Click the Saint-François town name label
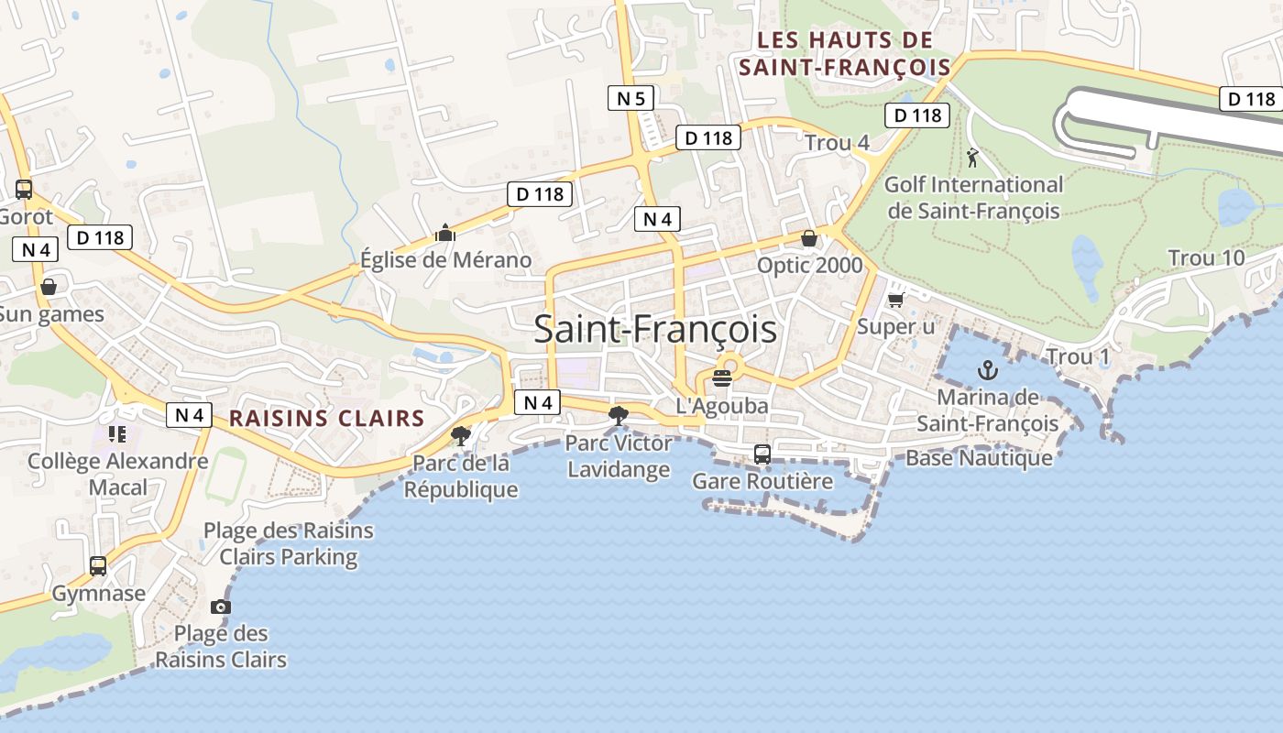(x=655, y=329)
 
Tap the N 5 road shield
(x=631, y=97)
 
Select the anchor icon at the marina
(x=987, y=370)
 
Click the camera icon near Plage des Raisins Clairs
(x=220, y=607)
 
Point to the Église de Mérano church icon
(x=445, y=234)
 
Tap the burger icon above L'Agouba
(x=722, y=377)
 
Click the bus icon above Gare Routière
(x=762, y=454)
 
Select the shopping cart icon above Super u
(x=895, y=300)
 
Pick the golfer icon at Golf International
(x=972, y=158)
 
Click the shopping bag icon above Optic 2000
(x=809, y=238)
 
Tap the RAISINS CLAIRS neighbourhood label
(x=326, y=419)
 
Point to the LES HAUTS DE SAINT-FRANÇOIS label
(x=845, y=54)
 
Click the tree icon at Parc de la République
(x=460, y=435)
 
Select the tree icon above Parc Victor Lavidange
(x=619, y=415)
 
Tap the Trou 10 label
(x=1206, y=258)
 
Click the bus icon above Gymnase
(x=98, y=566)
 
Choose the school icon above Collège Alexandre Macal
(x=116, y=433)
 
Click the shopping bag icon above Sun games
(x=48, y=287)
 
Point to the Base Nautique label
(x=979, y=458)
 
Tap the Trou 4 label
(x=837, y=143)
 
